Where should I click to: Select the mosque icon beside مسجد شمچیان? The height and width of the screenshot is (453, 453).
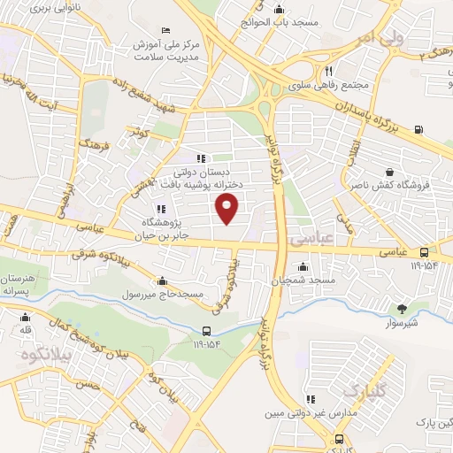[x=303, y=265]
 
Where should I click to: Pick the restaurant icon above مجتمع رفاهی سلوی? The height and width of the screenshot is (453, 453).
[x=328, y=71]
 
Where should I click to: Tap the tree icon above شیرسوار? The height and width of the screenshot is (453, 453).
[x=403, y=309]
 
